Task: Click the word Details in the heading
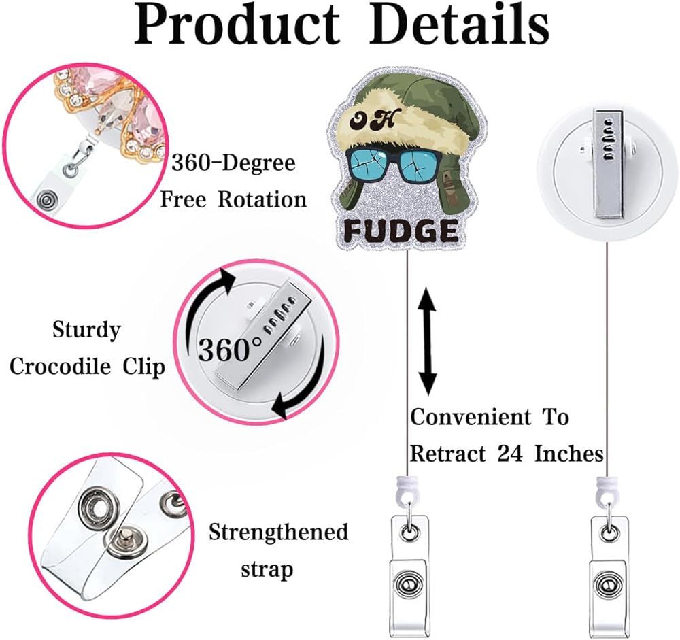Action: (462, 26)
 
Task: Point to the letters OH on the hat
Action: (385, 120)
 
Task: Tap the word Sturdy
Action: (86, 331)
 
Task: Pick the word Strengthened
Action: (278, 532)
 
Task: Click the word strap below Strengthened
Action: (267, 568)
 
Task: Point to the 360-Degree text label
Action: (233, 163)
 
